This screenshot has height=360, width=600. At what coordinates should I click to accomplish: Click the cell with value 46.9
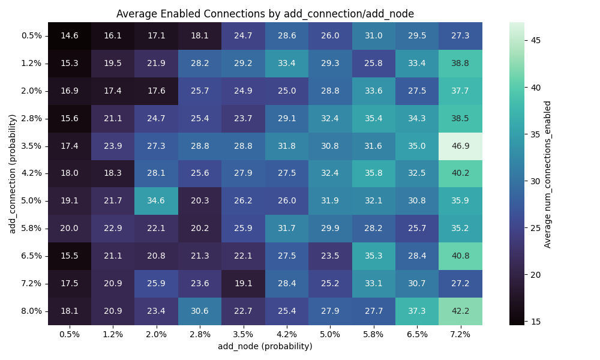tap(460, 146)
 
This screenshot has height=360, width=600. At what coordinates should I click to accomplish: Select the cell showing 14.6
tap(70, 35)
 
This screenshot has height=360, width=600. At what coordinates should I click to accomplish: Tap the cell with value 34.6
tap(157, 201)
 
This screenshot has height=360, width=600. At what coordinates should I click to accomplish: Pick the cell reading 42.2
tap(460, 311)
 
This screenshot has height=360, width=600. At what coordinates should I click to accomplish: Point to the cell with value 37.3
tap(417, 311)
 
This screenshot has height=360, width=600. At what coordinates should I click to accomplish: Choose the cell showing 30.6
tap(200, 311)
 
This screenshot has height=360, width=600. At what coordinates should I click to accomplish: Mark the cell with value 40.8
tap(460, 256)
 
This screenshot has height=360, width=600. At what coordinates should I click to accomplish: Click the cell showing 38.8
tap(460, 63)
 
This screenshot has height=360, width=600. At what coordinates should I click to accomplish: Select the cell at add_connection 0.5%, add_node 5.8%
tap(373, 35)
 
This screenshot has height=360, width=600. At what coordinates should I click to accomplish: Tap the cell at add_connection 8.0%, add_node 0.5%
tap(70, 311)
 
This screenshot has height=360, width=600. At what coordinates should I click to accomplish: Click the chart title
tap(265, 14)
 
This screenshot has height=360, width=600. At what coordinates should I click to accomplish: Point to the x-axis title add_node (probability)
tap(265, 346)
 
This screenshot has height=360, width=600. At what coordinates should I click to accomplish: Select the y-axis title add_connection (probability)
tap(12, 173)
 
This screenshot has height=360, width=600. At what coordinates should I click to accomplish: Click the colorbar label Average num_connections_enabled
tap(547, 173)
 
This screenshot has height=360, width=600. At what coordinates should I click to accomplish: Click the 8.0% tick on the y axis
tap(31, 311)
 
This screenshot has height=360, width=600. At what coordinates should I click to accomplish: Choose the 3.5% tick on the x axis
tap(243, 334)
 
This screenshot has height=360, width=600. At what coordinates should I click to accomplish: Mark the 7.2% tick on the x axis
tap(460, 334)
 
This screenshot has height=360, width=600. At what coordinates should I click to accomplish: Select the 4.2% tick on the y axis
tap(31, 173)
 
